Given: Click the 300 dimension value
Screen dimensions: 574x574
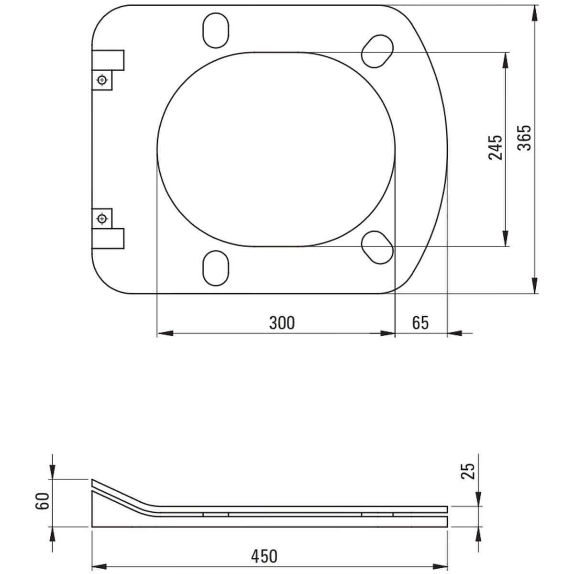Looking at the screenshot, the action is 282,322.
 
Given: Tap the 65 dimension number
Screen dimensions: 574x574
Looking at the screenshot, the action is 420,322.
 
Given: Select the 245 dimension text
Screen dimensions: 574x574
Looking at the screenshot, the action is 495,148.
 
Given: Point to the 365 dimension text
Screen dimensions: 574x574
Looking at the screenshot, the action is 524,138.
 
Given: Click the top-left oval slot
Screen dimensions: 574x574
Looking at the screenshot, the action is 216,30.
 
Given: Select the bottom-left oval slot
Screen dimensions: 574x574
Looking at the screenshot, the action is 216,268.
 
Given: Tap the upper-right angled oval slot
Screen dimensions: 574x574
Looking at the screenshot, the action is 377,51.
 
